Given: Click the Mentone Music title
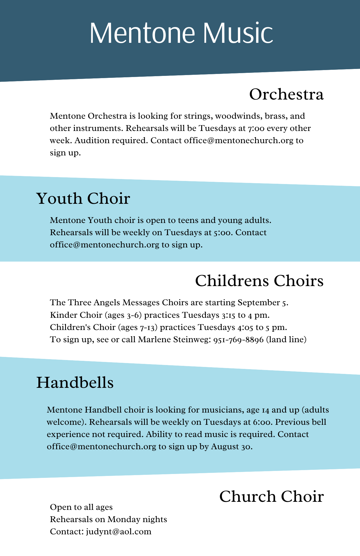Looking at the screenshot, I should (181, 33).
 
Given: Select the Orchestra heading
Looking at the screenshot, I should (286, 95).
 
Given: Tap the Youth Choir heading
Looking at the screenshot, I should (83, 199).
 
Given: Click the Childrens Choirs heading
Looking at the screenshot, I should (259, 281).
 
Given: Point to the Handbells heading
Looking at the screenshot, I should (75, 383).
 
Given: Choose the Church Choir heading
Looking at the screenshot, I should (271, 497).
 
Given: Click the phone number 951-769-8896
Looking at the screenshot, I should (238, 340).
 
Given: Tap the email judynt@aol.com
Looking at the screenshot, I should (119, 532).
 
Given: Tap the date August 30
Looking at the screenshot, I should (231, 446).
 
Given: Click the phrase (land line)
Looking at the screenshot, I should (286, 340).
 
